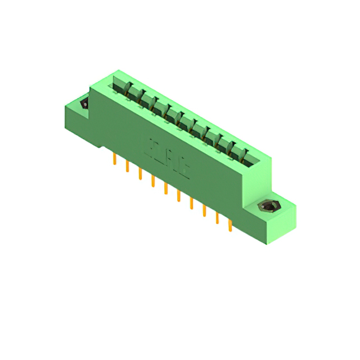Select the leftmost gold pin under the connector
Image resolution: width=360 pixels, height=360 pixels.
tap(115, 160)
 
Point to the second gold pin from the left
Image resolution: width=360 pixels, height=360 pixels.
tap(128, 167)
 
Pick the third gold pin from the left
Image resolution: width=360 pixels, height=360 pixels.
tap(141, 174)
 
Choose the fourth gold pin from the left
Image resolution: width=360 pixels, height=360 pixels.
tap(153, 182)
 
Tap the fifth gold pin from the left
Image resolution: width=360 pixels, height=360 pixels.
tap(166, 189)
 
